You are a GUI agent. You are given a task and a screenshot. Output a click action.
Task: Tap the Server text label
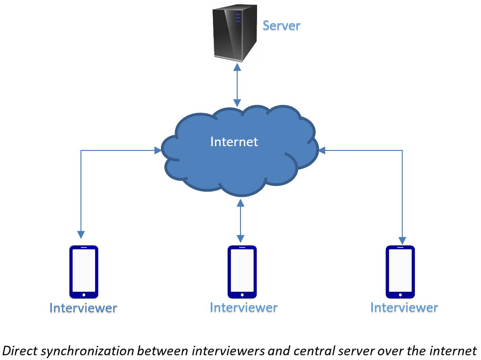[281, 25]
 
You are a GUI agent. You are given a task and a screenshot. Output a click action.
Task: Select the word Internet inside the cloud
[234, 141]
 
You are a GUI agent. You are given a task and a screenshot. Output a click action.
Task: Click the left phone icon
[84, 272]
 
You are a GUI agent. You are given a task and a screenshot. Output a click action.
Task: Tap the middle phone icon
[242, 272]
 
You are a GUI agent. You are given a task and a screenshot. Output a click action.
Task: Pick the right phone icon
[400, 272]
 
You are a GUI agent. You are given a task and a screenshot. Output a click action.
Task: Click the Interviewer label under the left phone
[83, 308]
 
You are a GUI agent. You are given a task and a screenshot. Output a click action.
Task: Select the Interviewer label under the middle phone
[243, 307]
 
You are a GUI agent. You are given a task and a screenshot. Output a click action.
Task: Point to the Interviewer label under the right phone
[404, 307]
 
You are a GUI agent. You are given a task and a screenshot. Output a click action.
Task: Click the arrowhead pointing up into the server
[237, 67]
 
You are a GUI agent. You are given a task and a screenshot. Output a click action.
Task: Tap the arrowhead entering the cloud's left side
[158, 151]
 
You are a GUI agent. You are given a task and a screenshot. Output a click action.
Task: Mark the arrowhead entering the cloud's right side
[322, 151]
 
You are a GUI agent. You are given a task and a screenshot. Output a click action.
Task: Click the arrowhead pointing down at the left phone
[81, 235]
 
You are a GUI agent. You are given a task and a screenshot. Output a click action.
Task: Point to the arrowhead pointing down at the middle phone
[240, 238]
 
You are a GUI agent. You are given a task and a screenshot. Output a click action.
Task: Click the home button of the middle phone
[242, 295]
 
